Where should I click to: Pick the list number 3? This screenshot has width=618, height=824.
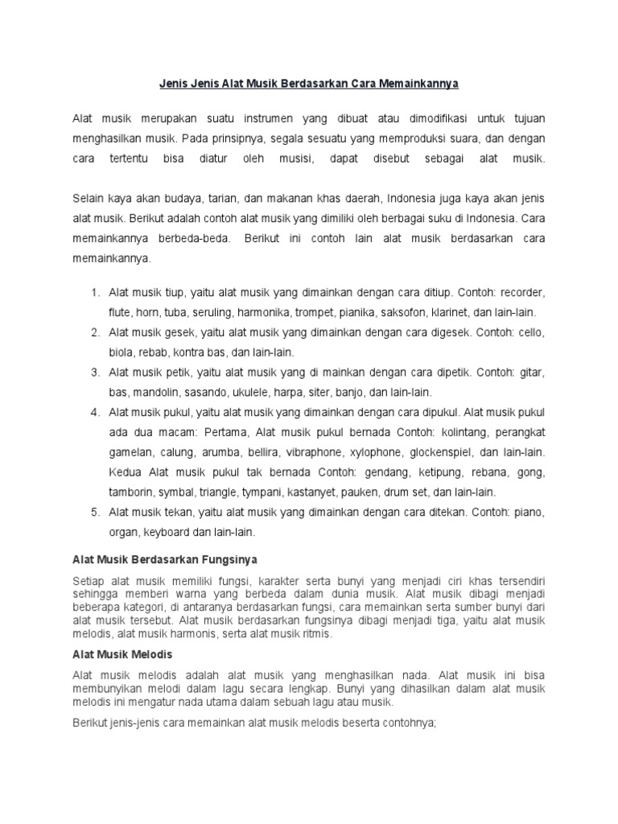(x=94, y=373)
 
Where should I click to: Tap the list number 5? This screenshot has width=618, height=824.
(x=94, y=512)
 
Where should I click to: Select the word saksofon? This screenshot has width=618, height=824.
(x=419, y=313)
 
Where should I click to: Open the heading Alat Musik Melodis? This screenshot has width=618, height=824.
(x=122, y=654)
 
